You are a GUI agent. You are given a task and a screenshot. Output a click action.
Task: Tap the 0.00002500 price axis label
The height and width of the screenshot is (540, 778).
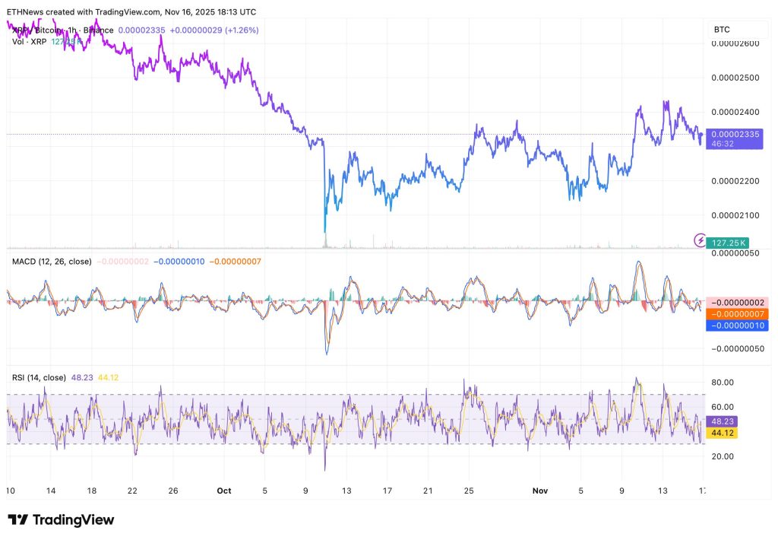pyautogui.click(x=735, y=78)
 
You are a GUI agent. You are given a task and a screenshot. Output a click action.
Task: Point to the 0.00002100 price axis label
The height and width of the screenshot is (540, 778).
pyautogui.click(x=735, y=215)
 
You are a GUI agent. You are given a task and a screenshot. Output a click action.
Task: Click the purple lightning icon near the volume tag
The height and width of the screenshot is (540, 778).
pyautogui.click(x=701, y=240)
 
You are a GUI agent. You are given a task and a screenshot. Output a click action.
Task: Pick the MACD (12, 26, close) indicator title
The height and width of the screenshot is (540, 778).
pyautogui.click(x=52, y=262)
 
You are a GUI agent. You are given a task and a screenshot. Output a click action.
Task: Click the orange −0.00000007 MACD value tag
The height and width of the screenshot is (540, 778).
pyautogui.click(x=735, y=313)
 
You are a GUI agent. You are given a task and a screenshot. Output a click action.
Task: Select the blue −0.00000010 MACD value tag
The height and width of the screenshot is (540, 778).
pyautogui.click(x=735, y=326)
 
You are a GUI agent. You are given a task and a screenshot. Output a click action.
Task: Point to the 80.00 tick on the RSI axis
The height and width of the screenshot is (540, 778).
pyautogui.click(x=723, y=383)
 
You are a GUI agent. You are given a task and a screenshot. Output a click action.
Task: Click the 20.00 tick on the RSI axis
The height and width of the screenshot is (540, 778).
pyautogui.click(x=723, y=456)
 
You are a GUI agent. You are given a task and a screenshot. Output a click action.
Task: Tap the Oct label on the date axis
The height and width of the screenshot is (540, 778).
pyautogui.click(x=225, y=491)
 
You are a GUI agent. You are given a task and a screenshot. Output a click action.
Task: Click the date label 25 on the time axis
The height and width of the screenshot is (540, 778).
pyautogui.click(x=470, y=491)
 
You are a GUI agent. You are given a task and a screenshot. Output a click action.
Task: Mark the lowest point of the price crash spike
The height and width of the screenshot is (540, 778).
pyautogui.click(x=324, y=232)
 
